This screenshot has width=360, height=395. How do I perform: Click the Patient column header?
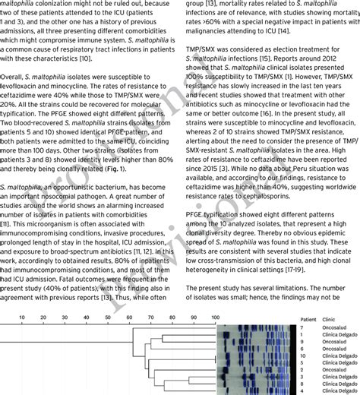click(x=308, y=320)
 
